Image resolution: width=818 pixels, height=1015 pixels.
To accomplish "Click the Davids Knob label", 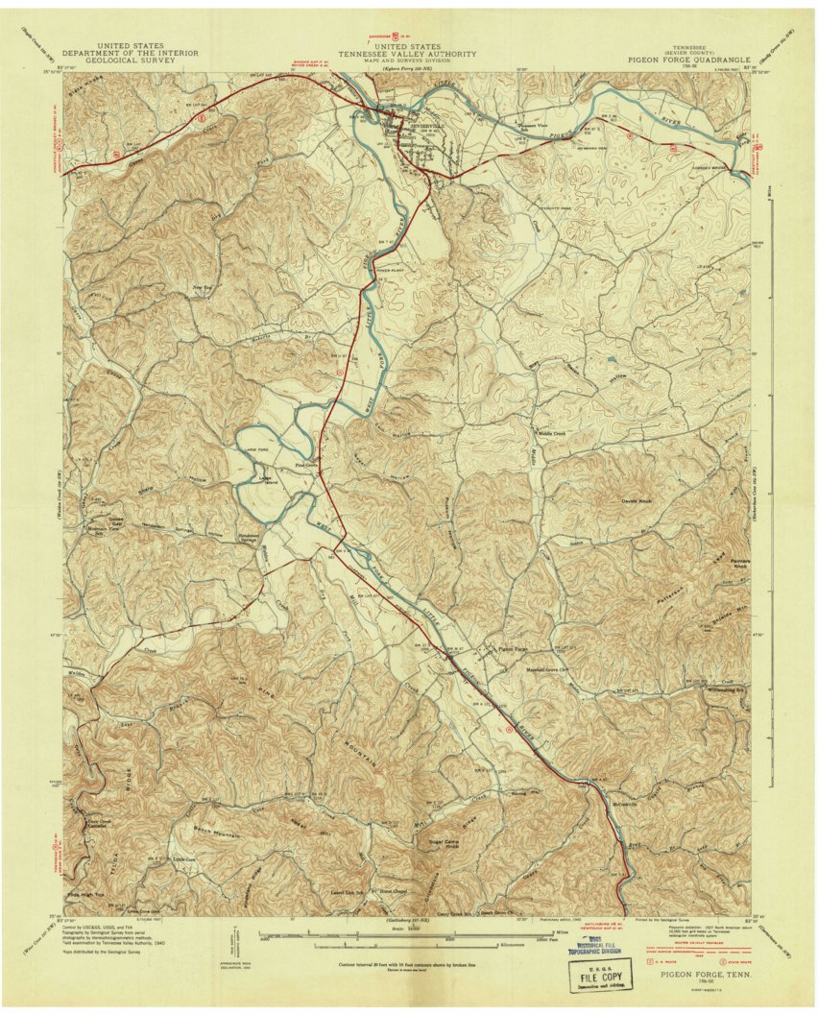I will pos(637,501).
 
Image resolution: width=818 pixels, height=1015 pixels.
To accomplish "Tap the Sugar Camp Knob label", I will pos(442,842).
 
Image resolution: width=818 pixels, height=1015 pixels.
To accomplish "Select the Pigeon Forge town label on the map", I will pos(515,648).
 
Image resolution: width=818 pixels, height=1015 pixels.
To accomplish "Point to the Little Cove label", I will pos(183,859).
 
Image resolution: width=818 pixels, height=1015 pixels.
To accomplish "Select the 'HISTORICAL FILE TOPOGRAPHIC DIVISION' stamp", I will pos(595,950).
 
